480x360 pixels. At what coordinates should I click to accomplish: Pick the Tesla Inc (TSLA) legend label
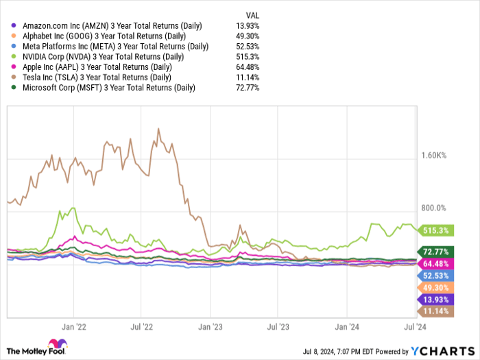[99, 77]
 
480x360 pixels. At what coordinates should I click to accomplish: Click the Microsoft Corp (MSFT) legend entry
[108, 88]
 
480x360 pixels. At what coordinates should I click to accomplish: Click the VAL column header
[252, 14]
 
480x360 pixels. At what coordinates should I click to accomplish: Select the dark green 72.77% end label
[435, 251]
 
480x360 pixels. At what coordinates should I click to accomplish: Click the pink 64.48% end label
[435, 263]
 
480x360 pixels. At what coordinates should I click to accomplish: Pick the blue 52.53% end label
[435, 275]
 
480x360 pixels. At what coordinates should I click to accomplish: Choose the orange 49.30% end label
[435, 287]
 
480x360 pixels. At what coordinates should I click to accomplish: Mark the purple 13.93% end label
[435, 300]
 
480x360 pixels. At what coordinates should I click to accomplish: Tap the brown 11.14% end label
[435, 311]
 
